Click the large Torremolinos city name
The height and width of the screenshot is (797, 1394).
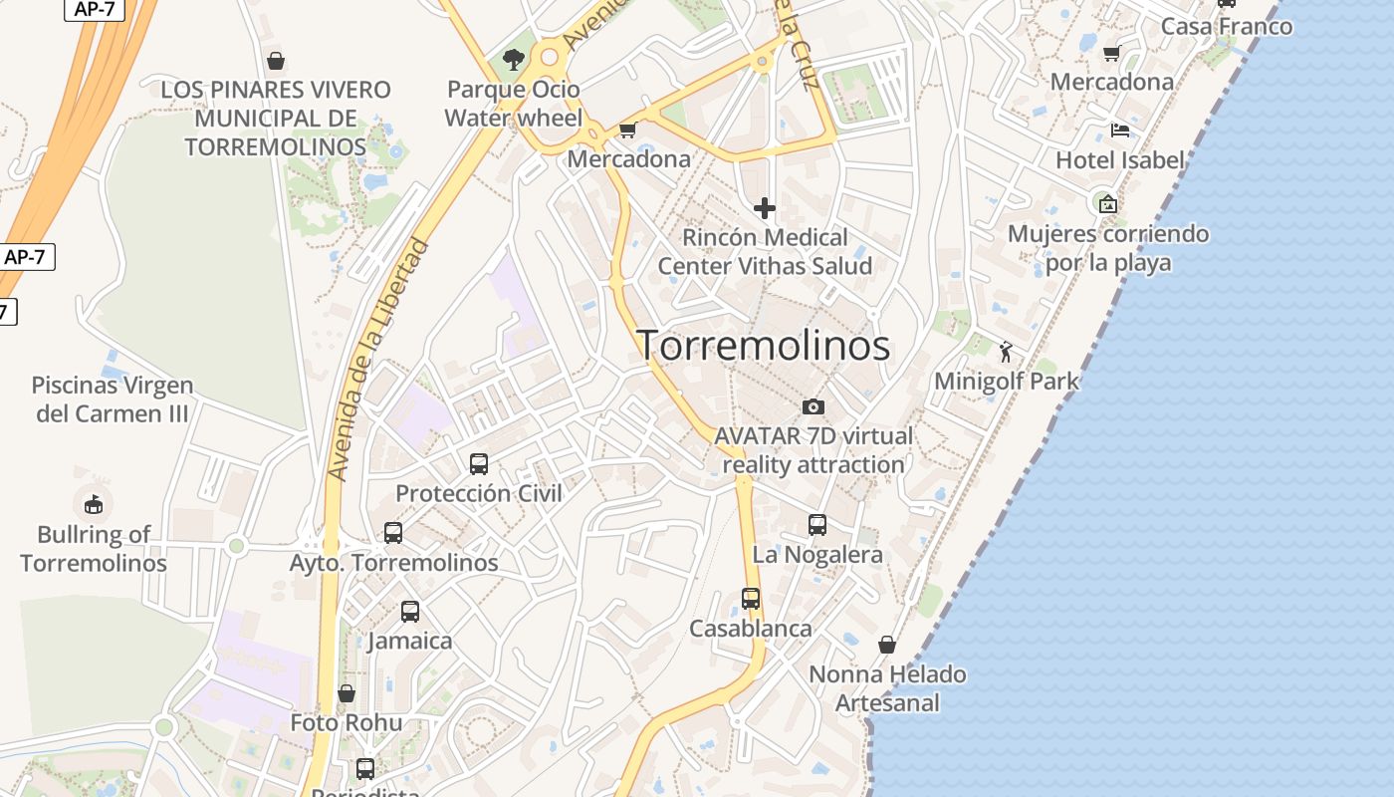(763, 345)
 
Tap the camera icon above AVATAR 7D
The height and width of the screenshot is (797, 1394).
(813, 406)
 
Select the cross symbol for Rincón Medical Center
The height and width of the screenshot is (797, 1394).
(765, 208)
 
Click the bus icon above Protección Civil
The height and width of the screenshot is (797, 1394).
(479, 463)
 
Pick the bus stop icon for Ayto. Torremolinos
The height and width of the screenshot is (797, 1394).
(393, 533)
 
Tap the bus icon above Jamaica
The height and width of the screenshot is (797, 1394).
(410, 612)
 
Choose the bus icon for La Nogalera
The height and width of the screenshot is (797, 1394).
(817, 525)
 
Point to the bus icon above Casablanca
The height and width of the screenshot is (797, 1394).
(751, 599)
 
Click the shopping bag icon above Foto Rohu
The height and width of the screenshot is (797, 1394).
(347, 693)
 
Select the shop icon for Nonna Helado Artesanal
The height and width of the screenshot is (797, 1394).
(887, 645)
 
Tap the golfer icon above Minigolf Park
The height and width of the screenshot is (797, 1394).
(1006, 351)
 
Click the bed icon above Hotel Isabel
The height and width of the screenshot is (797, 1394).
(1120, 131)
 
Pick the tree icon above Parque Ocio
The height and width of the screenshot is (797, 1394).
(514, 60)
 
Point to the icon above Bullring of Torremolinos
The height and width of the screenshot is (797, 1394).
(94, 504)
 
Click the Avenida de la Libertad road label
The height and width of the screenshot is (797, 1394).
(378, 359)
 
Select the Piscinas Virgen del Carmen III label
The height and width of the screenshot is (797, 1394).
(113, 398)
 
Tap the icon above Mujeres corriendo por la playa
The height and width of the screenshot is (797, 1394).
(1107, 204)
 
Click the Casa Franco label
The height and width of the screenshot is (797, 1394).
(1227, 26)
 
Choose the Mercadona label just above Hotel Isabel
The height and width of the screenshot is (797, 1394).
(1112, 82)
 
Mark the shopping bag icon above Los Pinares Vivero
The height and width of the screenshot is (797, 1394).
(276, 61)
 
